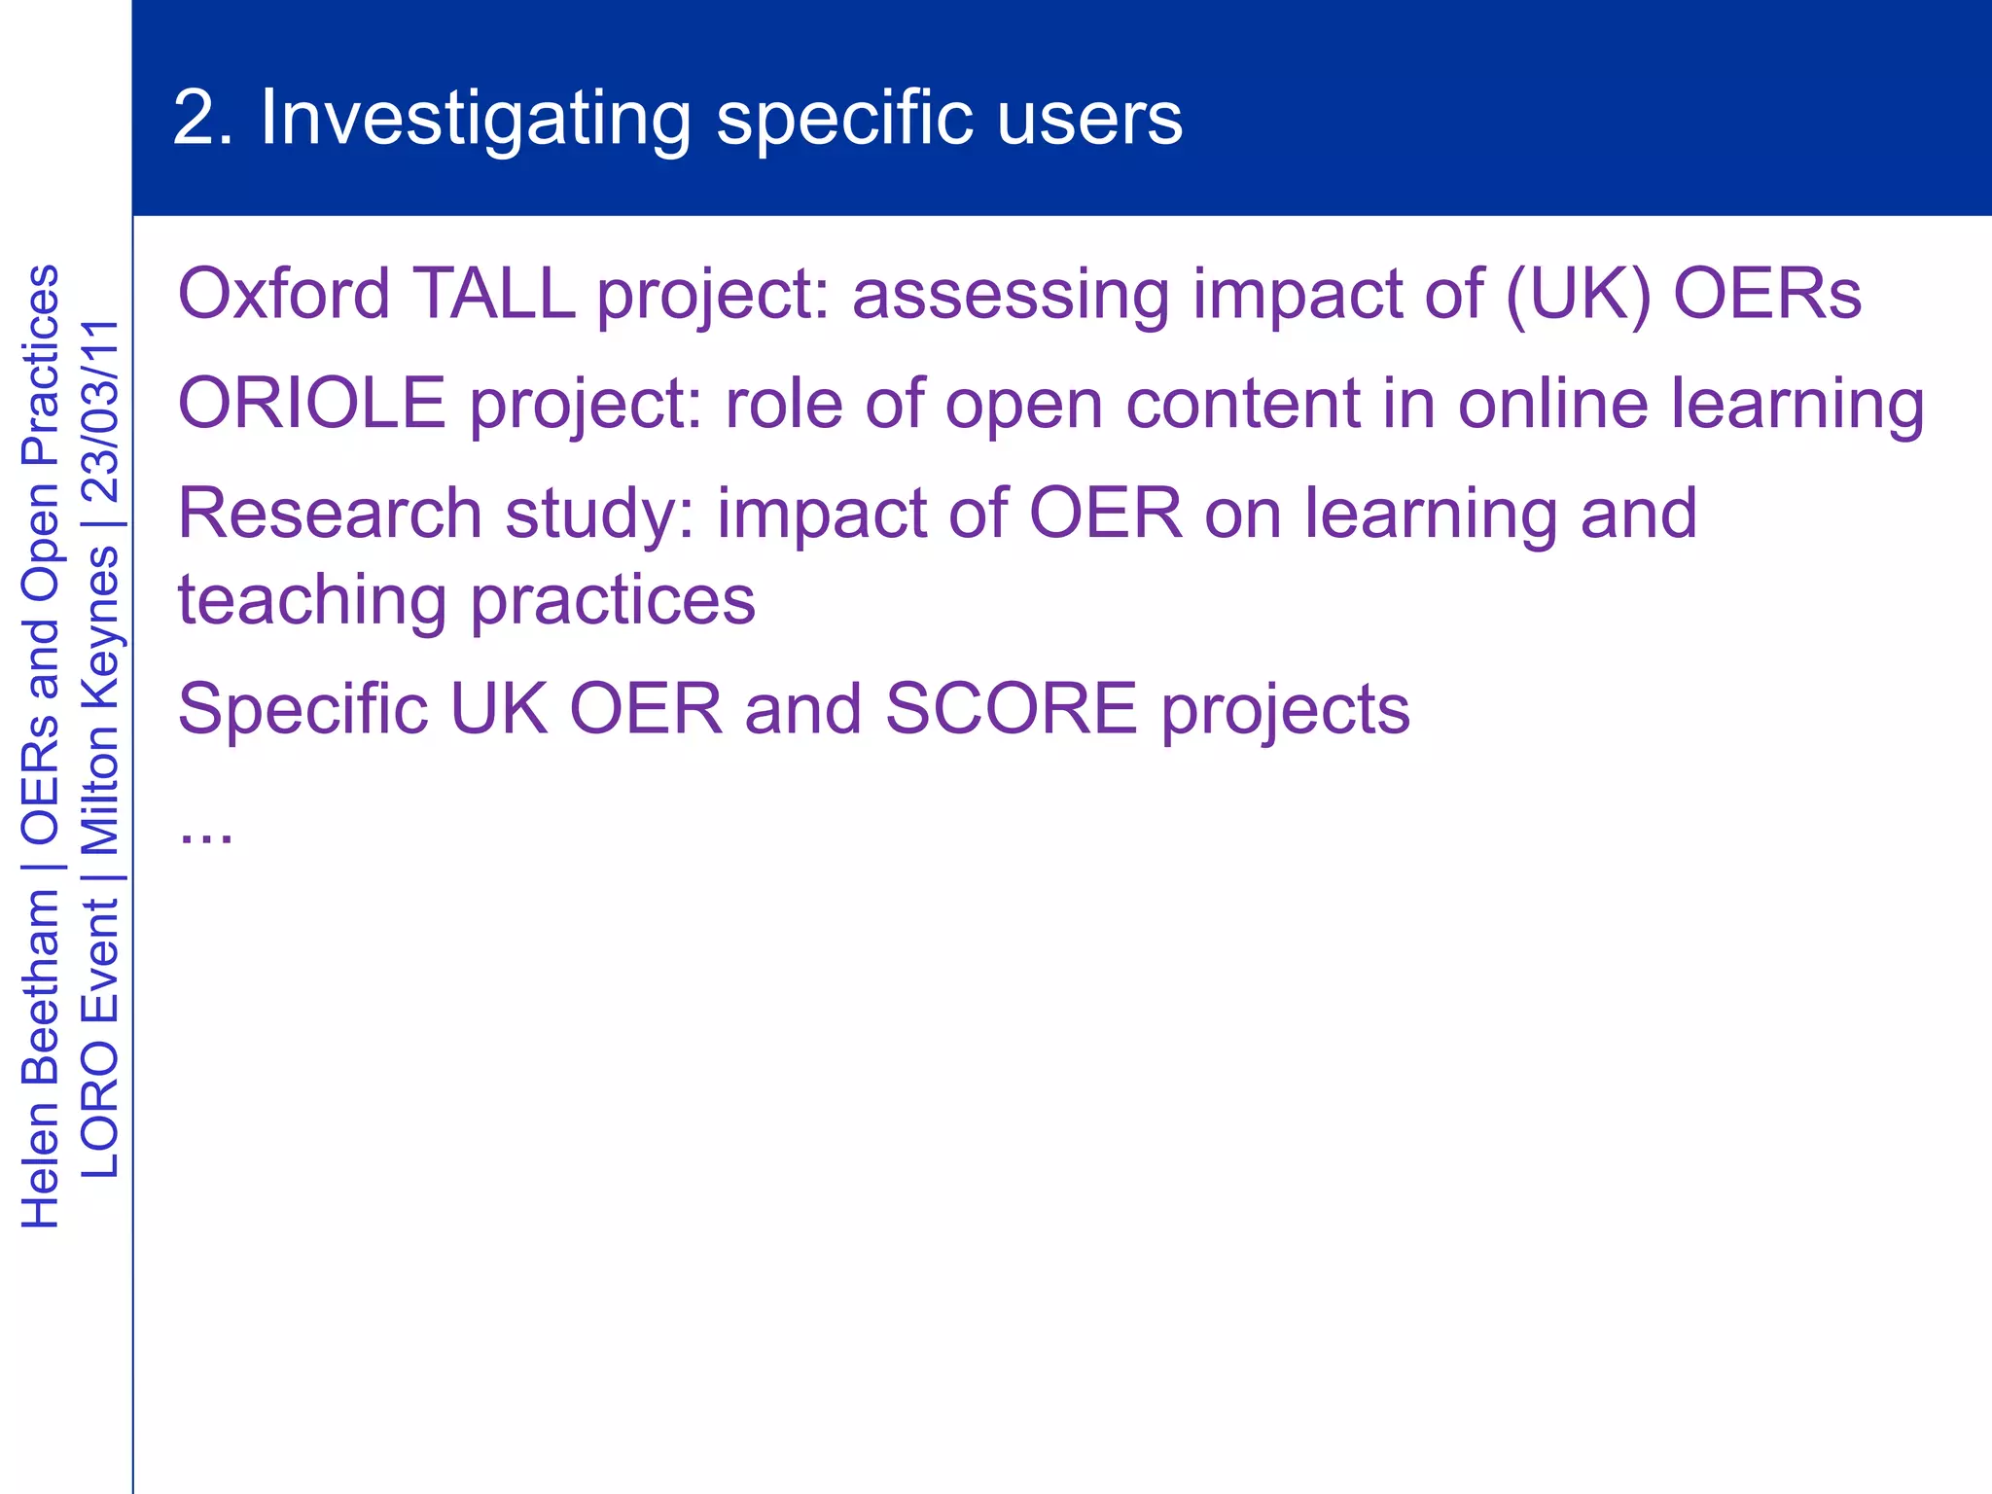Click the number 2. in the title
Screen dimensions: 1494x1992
[x=202, y=119]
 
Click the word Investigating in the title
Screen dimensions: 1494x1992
[x=475, y=119]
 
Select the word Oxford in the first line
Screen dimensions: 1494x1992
[x=284, y=294]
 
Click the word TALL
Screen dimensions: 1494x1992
[x=494, y=294]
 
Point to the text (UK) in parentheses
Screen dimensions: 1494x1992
[x=1578, y=294]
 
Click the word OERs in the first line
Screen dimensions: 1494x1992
[x=1767, y=294]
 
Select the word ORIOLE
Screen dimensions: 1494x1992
[x=312, y=404]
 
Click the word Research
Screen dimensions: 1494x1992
[x=330, y=514]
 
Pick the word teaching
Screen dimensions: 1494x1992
[x=312, y=601]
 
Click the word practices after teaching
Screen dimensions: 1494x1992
[x=613, y=601]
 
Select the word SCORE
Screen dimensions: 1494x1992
[x=1011, y=709]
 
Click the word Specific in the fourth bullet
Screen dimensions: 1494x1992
[x=302, y=709]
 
